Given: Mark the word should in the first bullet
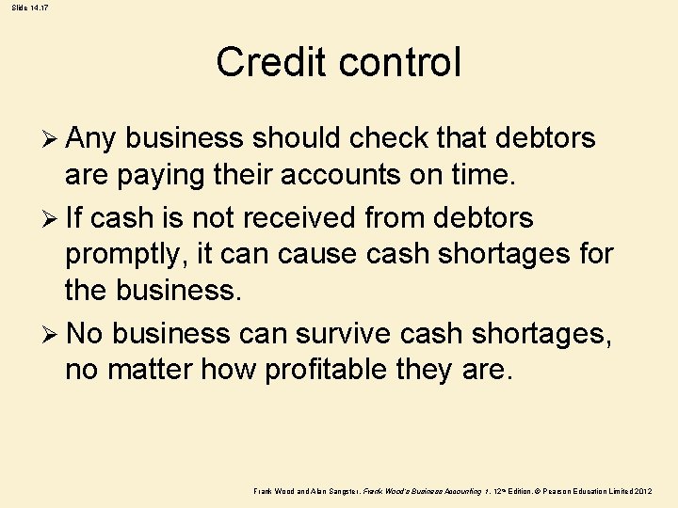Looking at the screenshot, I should [x=297, y=139].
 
